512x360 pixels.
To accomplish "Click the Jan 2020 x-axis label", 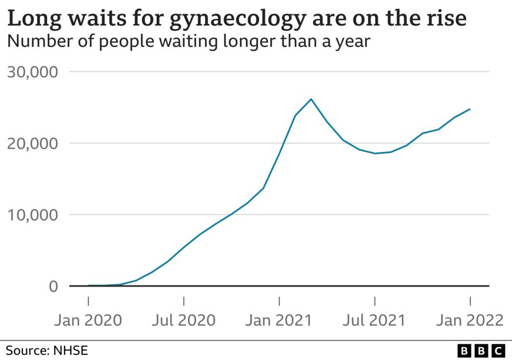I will pyautogui.click(x=88, y=320).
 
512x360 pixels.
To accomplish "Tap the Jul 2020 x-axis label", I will pyautogui.click(x=184, y=320).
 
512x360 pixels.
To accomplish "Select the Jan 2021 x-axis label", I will pyautogui.click(x=279, y=320).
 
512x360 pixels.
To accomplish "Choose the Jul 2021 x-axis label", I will pyautogui.click(x=375, y=320).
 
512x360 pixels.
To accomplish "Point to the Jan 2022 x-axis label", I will pyautogui.click(x=470, y=320).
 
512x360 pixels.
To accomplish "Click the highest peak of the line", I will pyautogui.click(x=311, y=99).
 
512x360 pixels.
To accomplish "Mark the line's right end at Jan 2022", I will pyautogui.click(x=470, y=109).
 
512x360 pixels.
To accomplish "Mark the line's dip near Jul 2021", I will pyautogui.click(x=375, y=153).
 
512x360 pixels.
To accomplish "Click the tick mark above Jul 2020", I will pyautogui.click(x=184, y=301).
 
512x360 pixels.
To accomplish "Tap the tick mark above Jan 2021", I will pyautogui.click(x=279, y=301).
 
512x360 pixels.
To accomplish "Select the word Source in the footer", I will pyautogui.click(x=26, y=350).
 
